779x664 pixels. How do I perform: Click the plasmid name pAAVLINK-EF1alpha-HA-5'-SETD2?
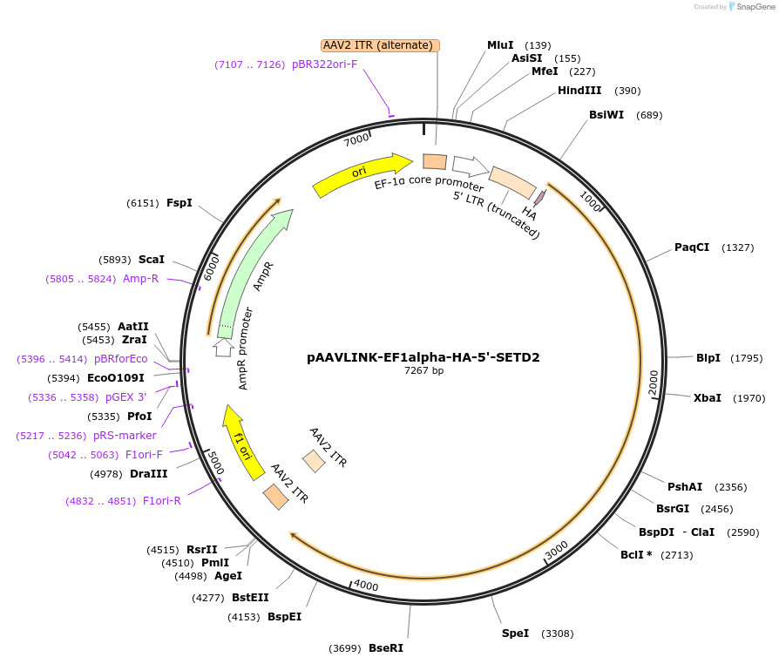[423, 357]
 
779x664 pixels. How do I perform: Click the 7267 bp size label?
[423, 370]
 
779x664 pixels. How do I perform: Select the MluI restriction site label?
[500, 45]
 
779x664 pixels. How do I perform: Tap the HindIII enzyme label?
[579, 91]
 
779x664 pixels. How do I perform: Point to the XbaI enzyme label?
[707, 397]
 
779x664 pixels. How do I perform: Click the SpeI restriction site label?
[515, 634]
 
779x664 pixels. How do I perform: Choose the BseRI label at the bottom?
[385, 648]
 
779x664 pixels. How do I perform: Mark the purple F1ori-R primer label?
[161, 501]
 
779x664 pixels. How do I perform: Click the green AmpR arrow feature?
[253, 271]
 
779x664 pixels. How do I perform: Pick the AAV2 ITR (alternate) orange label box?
[380, 45]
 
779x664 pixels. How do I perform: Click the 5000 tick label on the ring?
[213, 463]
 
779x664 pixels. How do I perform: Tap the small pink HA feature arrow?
[539, 198]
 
